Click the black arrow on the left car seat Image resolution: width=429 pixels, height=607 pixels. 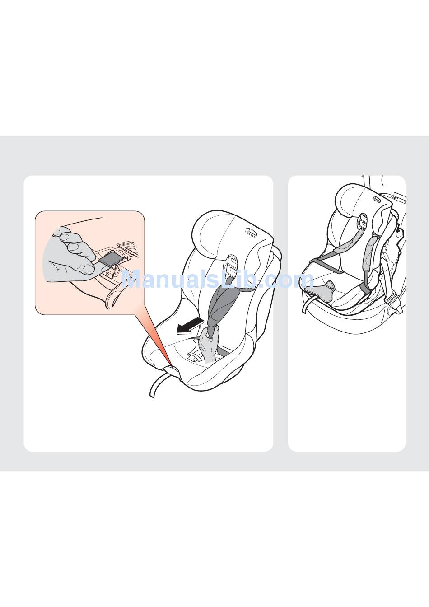click(190, 326)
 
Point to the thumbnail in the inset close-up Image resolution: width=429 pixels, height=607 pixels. click(88, 269)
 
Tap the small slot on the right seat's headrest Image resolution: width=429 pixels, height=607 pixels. click(377, 199)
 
